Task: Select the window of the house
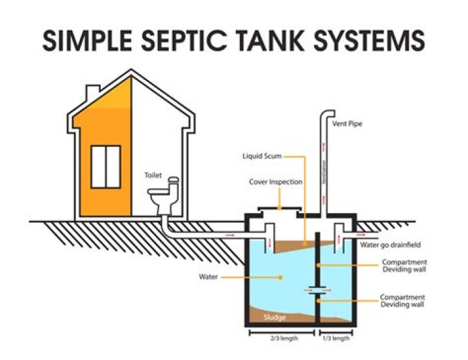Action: point(105,166)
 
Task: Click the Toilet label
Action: point(153,175)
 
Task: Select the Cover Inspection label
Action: point(276,182)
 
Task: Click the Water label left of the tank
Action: point(208,277)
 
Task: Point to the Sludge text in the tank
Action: point(270,318)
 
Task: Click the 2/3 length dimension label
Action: point(280,339)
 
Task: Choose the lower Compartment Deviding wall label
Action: point(403,300)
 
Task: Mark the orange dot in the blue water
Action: point(281,277)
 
